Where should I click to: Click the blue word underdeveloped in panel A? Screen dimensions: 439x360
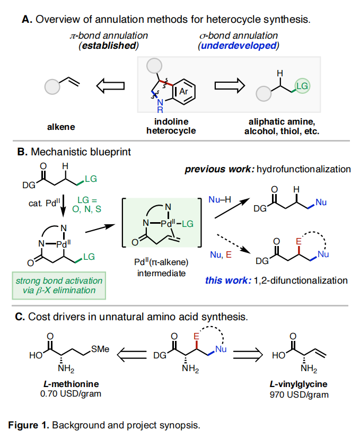239,46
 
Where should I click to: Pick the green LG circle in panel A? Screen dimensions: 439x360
302,85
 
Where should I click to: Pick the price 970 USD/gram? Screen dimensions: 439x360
304,394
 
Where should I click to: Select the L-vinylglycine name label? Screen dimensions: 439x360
304,385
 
